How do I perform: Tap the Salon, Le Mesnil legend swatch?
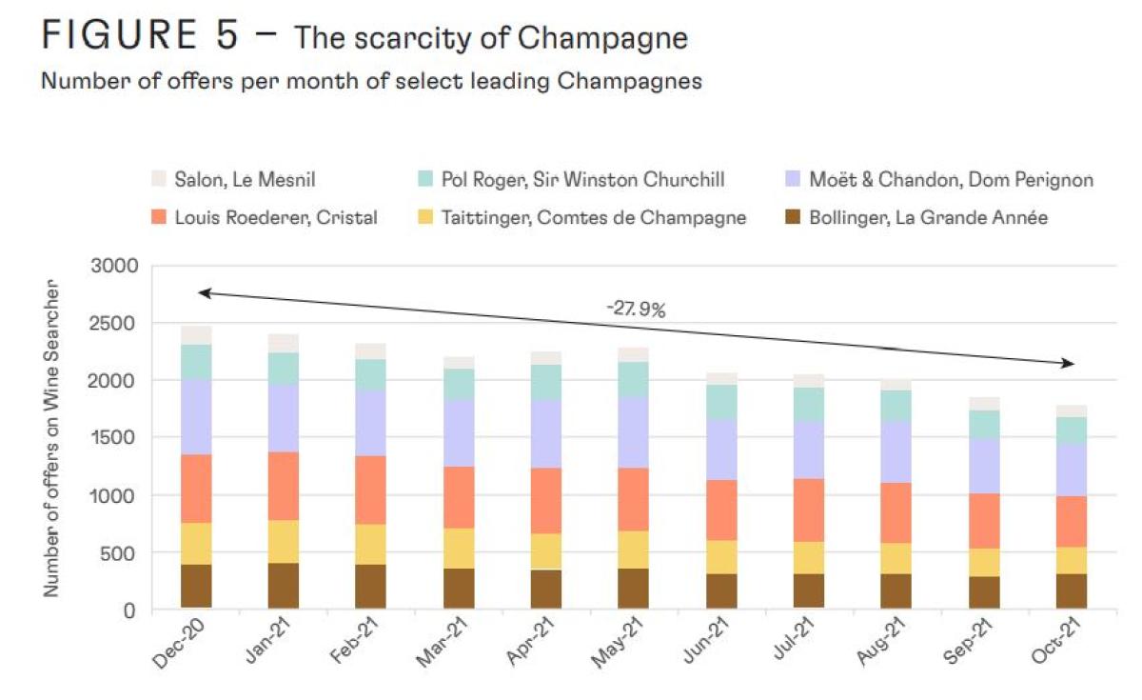coord(159,179)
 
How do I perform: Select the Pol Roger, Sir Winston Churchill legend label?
coord(584,179)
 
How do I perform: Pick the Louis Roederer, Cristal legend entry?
coord(276,218)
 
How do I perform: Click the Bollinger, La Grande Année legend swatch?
coord(793,218)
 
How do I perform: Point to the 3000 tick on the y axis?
coord(113,266)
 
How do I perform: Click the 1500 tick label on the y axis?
coord(113,438)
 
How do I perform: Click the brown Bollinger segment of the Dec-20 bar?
coord(196,586)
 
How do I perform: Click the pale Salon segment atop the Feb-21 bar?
coord(371,351)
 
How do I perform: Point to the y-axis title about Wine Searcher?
coord(51,439)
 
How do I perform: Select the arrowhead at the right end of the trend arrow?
coord(1071,364)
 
